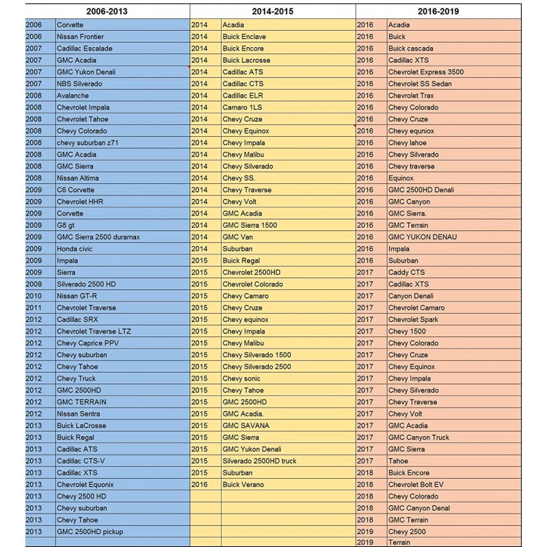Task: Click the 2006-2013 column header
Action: [107, 12]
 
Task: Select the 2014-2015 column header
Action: [273, 12]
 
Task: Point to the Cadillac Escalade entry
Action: [85, 49]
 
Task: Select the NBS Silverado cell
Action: [80, 84]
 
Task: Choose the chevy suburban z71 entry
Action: [88, 143]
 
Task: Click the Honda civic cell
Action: [77, 249]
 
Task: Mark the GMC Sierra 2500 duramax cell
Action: [98, 237]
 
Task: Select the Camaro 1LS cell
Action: [242, 107]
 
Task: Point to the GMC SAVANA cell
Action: [246, 425]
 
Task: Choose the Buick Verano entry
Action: [243, 484]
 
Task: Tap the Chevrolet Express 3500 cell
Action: [425, 72]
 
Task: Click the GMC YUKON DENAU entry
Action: [423, 237]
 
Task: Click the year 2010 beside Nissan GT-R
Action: [34, 296]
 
